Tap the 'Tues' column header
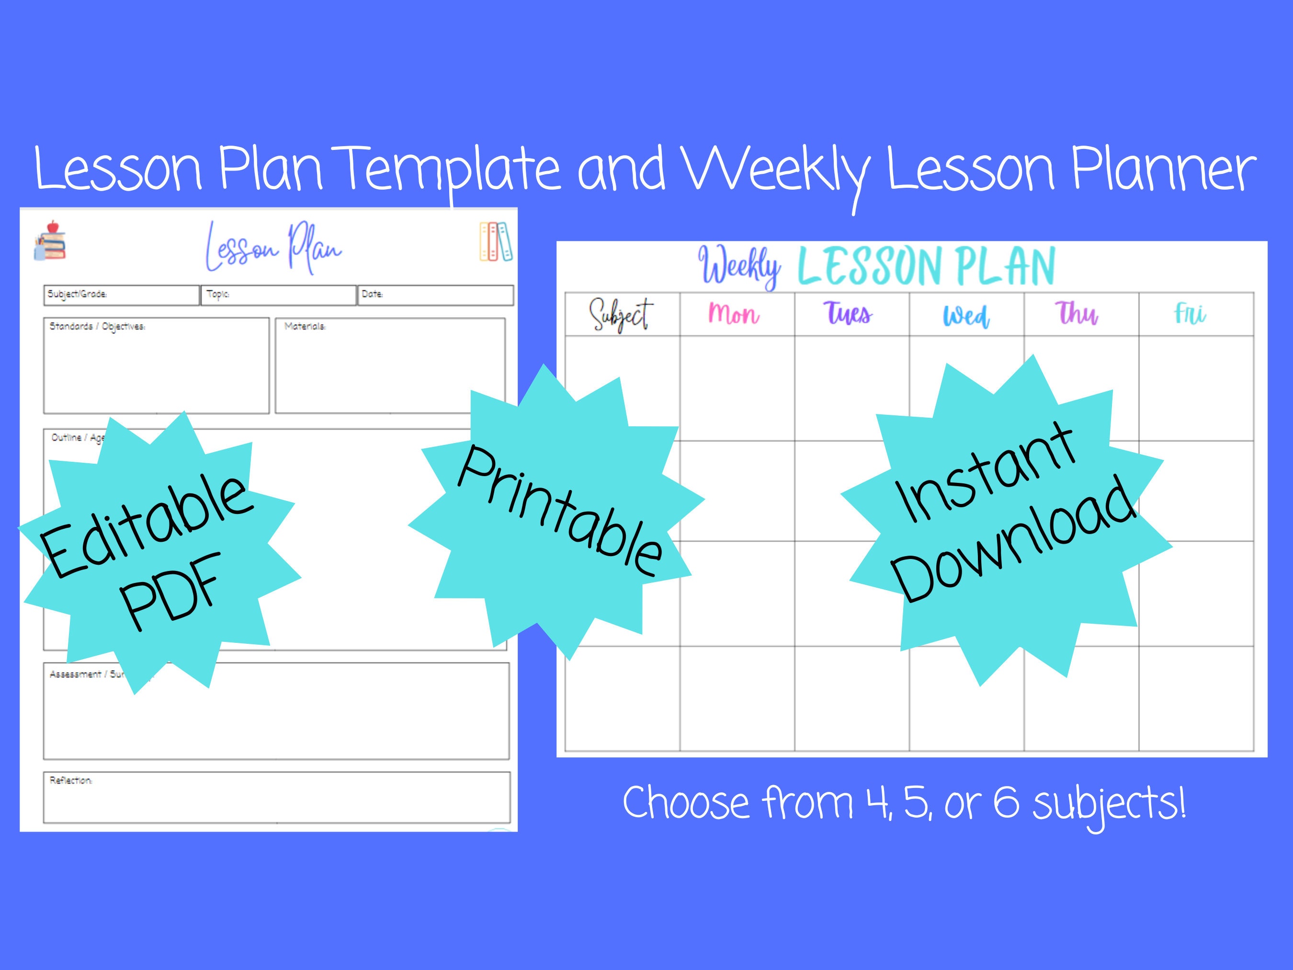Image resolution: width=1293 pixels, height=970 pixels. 848,313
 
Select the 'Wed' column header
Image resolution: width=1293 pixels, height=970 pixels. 965,316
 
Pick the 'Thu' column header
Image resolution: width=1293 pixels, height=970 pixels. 1077,313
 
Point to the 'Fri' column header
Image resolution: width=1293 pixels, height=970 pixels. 1190,313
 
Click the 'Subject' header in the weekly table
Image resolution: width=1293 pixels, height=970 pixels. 621,315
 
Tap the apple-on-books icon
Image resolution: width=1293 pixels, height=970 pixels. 50,240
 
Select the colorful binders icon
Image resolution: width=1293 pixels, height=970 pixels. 495,241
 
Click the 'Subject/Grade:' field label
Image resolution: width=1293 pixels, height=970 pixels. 77,294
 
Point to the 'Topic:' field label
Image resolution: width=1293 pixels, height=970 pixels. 218,294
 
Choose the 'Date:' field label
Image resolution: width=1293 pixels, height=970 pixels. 373,294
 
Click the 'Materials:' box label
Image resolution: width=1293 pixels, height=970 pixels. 305,326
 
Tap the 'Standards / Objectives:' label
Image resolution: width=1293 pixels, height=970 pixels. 97,326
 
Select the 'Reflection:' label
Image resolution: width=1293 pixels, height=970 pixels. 71,781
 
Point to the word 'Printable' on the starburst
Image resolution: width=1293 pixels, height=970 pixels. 560,511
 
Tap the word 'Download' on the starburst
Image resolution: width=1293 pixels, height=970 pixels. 1014,541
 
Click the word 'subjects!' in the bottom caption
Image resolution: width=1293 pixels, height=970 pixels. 1110,803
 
